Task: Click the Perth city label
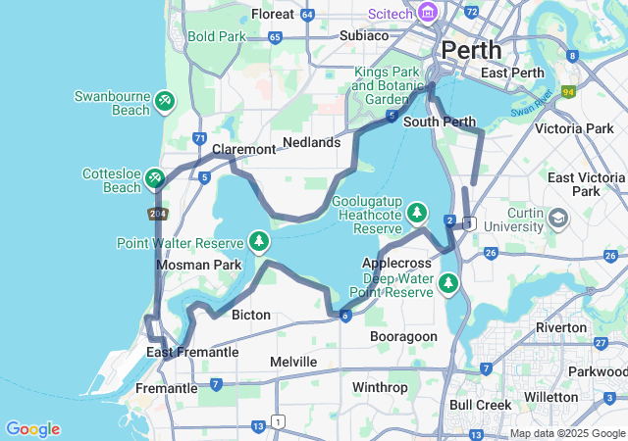[471, 49]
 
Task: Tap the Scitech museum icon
[427, 13]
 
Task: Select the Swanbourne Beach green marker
[164, 100]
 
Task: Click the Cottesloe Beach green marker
[154, 177]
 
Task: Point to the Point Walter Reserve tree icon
[259, 240]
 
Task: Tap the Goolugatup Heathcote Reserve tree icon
[417, 212]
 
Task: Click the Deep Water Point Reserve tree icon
[448, 283]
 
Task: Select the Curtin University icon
[559, 217]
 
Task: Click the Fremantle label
[166, 388]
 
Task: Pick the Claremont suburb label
[244, 149]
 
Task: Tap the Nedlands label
[311, 142]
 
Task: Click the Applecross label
[397, 264]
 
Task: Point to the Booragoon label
[403, 336]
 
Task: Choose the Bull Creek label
[481, 404]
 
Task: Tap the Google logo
[32, 429]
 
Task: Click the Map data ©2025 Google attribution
[567, 433]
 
